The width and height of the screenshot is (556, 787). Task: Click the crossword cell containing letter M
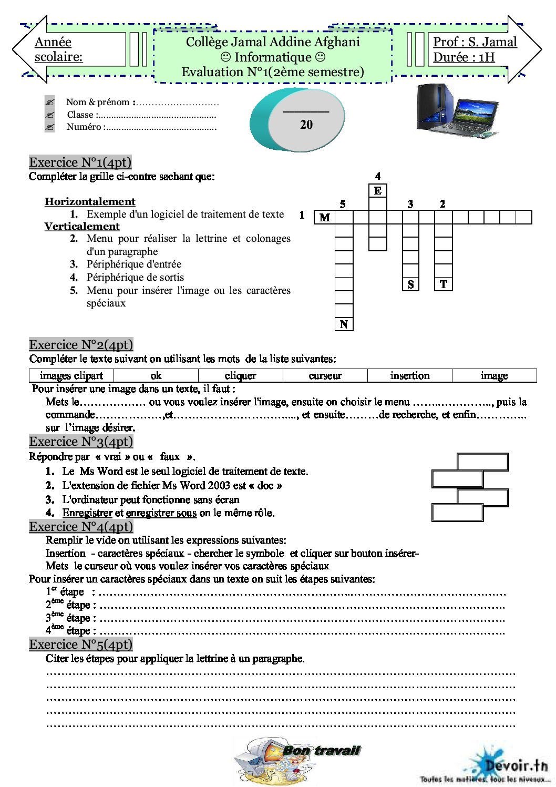click(325, 217)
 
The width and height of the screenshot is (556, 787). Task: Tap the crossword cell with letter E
click(378, 190)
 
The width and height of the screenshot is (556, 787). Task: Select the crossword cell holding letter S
click(410, 284)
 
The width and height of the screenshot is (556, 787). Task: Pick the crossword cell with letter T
click(444, 284)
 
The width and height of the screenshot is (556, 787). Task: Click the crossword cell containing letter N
click(344, 324)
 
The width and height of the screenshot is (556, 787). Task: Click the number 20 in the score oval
click(306, 125)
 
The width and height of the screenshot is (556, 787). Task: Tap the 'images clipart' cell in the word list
click(71, 375)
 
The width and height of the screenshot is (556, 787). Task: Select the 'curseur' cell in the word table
click(325, 375)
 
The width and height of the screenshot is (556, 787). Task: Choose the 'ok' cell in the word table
click(156, 375)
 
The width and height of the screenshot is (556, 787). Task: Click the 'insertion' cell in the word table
click(409, 375)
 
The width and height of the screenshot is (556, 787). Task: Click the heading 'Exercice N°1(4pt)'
click(80, 162)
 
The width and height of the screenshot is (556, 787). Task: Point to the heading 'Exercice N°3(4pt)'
click(81, 441)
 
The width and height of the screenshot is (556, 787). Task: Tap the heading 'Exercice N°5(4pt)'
click(80, 644)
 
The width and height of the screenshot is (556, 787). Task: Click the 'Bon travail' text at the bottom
click(321, 750)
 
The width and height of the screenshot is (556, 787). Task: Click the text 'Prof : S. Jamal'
click(475, 42)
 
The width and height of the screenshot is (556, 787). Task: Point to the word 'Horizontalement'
click(90, 201)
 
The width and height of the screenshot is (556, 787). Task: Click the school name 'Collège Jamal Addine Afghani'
click(273, 42)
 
